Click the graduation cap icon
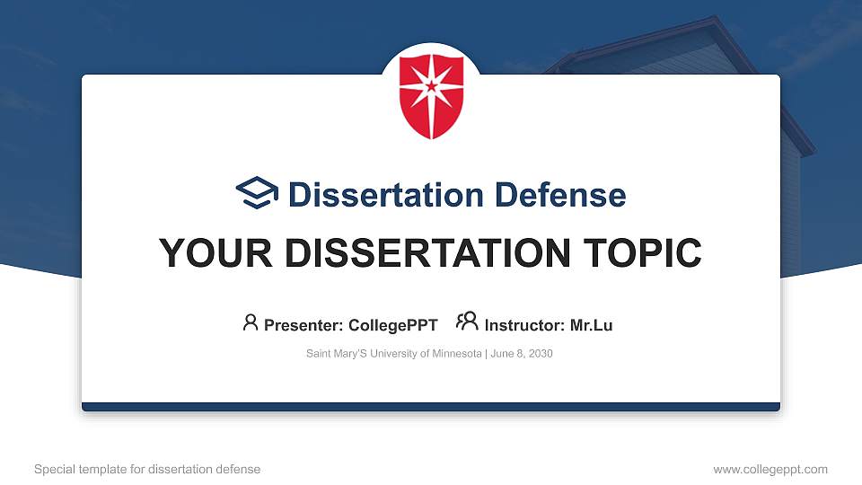click(257, 193)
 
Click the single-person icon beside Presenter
click(251, 322)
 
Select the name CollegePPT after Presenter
click(393, 325)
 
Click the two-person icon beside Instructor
click(467, 322)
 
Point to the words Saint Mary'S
click(334, 354)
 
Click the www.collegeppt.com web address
click(770, 469)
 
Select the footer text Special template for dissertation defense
click(147, 469)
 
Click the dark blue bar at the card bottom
click(431, 407)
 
